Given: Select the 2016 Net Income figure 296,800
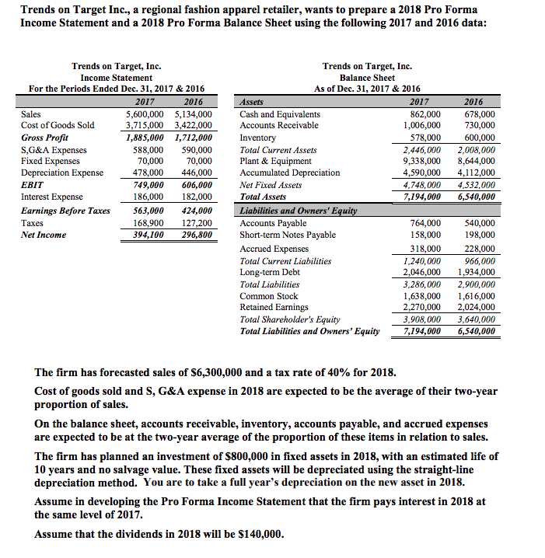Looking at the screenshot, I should point(194,235).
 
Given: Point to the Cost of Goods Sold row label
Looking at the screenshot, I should point(58,125).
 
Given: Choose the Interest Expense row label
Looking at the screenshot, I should point(51,197).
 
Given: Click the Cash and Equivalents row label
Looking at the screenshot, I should point(280,113).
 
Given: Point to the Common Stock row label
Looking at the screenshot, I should point(268,295).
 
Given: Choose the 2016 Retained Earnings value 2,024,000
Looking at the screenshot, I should point(477,307).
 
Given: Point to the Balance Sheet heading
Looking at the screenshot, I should point(367,78).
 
